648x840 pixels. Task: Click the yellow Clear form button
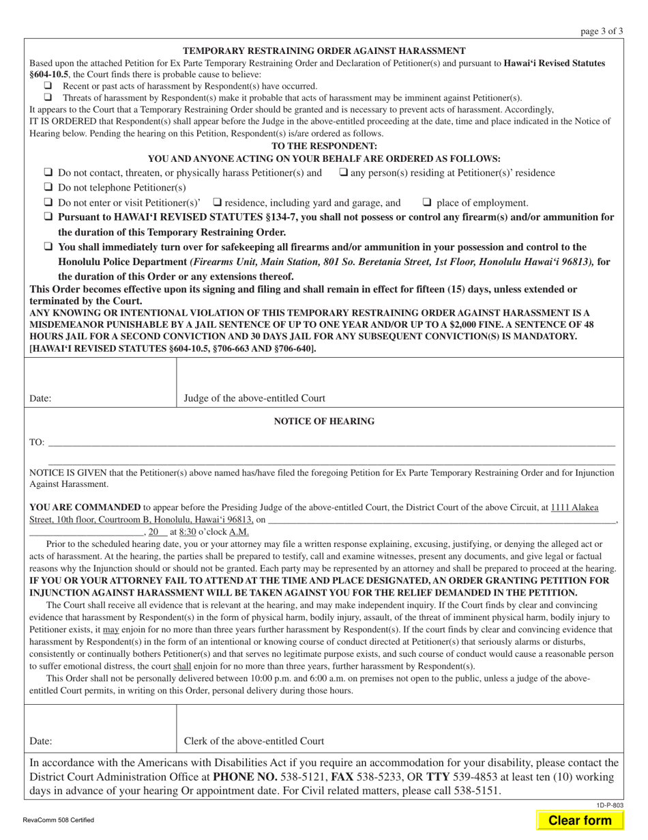(x=580, y=820)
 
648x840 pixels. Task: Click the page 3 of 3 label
(x=602, y=31)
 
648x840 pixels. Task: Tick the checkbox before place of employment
(x=427, y=202)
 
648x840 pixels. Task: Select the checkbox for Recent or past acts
(x=48, y=86)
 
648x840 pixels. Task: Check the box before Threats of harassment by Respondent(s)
(x=48, y=98)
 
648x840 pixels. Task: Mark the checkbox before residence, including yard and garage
(x=217, y=202)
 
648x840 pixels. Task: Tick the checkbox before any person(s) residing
(x=343, y=173)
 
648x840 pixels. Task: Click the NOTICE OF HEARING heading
(x=324, y=421)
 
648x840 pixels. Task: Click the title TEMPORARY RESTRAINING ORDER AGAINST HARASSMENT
(x=324, y=51)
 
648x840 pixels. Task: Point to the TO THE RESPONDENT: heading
(x=324, y=146)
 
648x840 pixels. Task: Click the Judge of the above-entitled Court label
(x=254, y=398)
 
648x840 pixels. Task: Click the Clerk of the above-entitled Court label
(x=254, y=741)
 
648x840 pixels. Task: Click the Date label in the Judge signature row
(x=40, y=398)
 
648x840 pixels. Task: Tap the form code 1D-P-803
(x=612, y=806)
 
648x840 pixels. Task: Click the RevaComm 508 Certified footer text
(x=58, y=820)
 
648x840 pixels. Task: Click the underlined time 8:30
(x=188, y=531)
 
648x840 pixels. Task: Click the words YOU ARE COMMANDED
(x=85, y=507)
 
